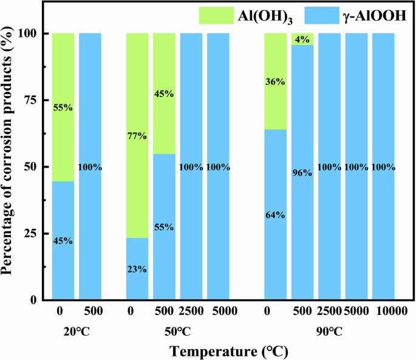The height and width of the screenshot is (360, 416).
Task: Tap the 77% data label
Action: click(x=137, y=135)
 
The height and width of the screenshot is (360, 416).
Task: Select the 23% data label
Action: click(x=137, y=270)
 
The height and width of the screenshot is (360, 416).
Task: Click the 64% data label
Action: click(x=276, y=214)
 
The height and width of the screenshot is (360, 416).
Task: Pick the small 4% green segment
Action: click(x=302, y=39)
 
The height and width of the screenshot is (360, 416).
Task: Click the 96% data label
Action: click(x=302, y=172)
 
